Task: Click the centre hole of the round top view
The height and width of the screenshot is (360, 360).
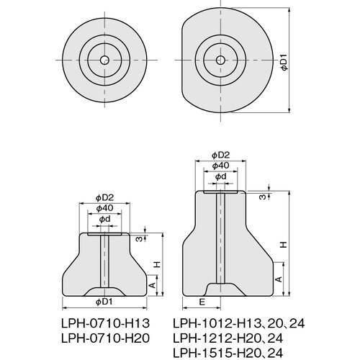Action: [x=104, y=60]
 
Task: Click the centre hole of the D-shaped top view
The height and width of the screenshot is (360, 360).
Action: [x=220, y=60]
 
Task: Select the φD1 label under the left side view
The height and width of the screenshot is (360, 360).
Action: [x=104, y=302]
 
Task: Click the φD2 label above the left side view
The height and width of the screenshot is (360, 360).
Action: [x=104, y=198]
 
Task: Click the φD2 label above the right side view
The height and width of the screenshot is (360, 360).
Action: [x=220, y=156]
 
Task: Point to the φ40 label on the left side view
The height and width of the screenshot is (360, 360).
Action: [x=104, y=208]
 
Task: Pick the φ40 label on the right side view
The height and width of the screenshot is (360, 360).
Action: [x=220, y=166]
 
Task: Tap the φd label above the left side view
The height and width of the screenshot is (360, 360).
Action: [x=104, y=219]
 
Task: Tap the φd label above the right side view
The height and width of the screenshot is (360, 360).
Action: [x=220, y=176]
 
